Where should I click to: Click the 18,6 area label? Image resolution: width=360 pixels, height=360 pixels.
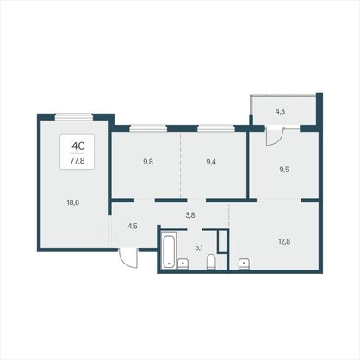click(x=73, y=202)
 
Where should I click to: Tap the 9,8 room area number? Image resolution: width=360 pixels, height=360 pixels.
click(x=148, y=162)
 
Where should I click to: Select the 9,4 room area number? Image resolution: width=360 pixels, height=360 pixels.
click(x=211, y=162)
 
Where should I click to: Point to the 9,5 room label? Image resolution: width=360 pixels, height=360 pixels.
click(x=284, y=170)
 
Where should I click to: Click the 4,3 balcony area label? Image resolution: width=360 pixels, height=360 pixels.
click(x=280, y=111)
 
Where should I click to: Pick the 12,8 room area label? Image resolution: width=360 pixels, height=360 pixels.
click(x=284, y=241)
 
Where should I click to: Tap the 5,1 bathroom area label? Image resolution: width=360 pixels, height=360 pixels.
click(x=199, y=247)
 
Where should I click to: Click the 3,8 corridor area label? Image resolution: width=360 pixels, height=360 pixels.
click(x=190, y=215)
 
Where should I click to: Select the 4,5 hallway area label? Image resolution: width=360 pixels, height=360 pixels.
click(x=133, y=227)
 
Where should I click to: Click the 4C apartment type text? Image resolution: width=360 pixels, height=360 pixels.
click(x=78, y=146)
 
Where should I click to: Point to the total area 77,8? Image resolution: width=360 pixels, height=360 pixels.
click(x=78, y=161)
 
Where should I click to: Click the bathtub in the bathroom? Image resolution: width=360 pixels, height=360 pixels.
click(x=169, y=251)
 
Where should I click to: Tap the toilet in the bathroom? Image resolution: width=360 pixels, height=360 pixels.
click(x=211, y=262)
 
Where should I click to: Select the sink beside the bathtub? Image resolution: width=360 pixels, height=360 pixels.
click(x=183, y=264)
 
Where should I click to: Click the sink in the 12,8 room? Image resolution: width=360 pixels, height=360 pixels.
click(x=244, y=264)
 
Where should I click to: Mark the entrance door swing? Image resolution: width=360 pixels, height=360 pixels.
click(x=128, y=258)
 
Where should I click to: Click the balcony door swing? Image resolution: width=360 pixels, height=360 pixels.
click(x=275, y=136)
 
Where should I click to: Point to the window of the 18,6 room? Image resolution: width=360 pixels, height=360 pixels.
click(x=74, y=116)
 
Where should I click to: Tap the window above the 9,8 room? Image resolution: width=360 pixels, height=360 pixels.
click(x=148, y=128)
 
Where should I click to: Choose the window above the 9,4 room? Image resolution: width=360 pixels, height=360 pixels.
click(x=216, y=128)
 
